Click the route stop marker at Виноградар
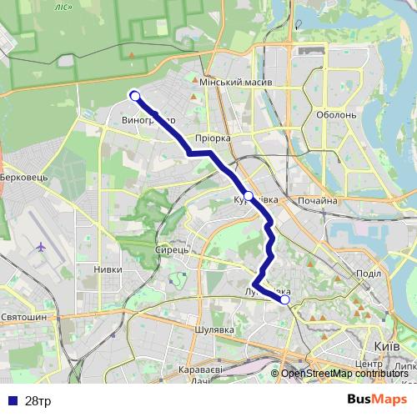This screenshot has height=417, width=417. pos(134,95)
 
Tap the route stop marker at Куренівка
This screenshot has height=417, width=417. pos(248,195)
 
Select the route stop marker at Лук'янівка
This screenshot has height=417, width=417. pos(284,299)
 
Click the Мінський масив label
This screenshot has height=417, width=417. pos(232,83)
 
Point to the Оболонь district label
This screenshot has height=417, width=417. pos(337,115)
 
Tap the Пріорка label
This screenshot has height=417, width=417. pos(211,138)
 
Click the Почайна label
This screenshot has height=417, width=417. pos(317,201)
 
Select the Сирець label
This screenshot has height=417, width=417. pos(173,249)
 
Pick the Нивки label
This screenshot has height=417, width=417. pos(108,269)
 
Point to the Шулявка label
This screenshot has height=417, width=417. pos(212,329)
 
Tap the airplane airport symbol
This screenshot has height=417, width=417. pos(42,247)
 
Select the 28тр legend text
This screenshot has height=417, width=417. pos(38,400)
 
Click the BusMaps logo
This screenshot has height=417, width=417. pos(377,399)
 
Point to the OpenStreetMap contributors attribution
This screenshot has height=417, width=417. pos(344,374)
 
